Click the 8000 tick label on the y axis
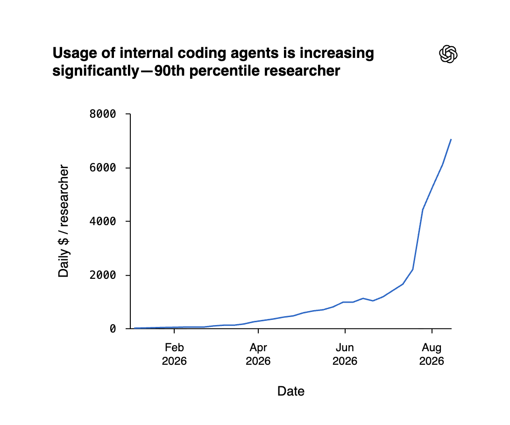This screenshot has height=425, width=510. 103,114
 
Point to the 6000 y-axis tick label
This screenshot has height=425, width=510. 103,168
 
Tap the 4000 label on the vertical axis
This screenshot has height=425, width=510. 103,221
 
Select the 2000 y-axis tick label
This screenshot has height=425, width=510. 103,275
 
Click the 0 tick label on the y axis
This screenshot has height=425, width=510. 113,329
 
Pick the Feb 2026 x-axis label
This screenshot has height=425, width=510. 174,354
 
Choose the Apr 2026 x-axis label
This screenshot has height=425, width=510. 258,354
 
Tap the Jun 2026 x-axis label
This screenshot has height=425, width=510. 345,354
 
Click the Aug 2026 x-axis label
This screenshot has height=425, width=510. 432,354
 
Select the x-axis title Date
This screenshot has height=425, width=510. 291,391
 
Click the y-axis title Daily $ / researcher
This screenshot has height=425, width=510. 64,221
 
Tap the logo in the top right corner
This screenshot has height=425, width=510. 448,54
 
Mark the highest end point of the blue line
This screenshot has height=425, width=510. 451,139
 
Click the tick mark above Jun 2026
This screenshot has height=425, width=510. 345,331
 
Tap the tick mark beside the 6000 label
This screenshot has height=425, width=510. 128,168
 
